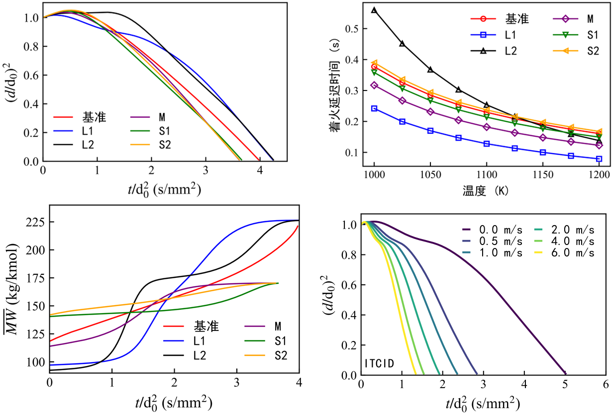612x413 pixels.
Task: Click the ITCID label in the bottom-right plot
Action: pos(380,363)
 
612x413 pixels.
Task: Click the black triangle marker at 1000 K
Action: pos(374,10)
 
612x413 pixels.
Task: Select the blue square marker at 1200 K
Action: pos(599,159)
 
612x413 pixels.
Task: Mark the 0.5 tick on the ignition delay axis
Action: pos(352,28)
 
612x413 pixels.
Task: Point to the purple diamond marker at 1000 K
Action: pos(374,85)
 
